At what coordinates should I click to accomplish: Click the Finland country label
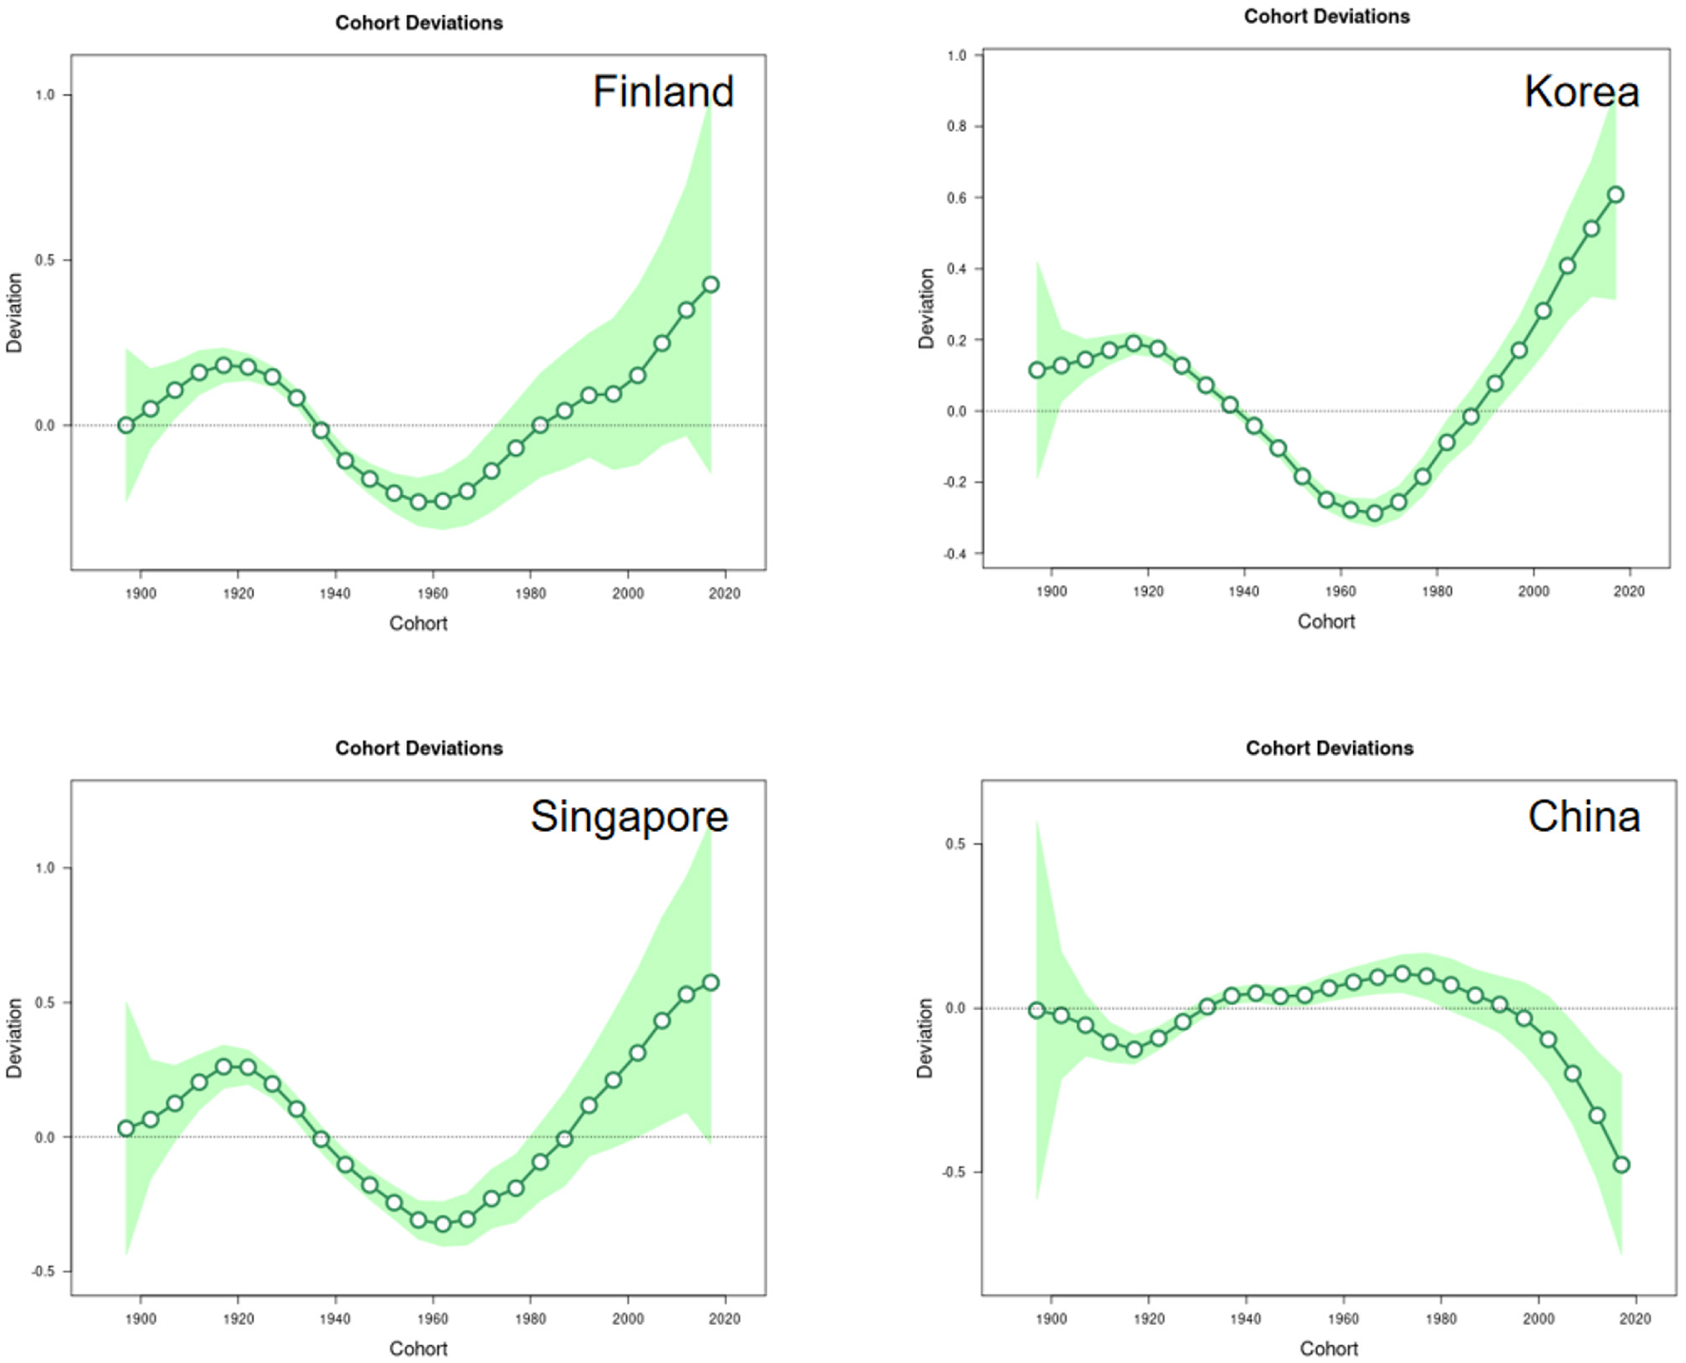[x=663, y=92]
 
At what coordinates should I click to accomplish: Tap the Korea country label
[x=1581, y=92]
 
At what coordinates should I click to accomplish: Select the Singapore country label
[x=629, y=817]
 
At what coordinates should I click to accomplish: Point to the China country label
[x=1584, y=817]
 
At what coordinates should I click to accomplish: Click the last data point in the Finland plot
[x=711, y=285]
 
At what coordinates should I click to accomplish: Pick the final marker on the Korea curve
[x=1616, y=195]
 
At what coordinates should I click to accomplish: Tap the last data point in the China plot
[x=1622, y=1165]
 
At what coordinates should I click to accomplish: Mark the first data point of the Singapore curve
[x=126, y=1129]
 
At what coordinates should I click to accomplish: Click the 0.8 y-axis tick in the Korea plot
[x=956, y=127]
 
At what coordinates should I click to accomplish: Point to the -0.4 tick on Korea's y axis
[x=954, y=554]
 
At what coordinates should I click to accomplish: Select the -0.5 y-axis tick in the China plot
[x=953, y=1173]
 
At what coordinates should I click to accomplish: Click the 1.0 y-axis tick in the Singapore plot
[x=45, y=868]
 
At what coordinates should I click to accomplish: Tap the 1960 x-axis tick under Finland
[x=433, y=594]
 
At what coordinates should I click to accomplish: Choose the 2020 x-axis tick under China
[x=1636, y=1319]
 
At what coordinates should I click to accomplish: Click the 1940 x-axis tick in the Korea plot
[x=1244, y=592]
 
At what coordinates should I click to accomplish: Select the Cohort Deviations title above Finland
[x=419, y=23]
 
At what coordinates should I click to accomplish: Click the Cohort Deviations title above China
[x=1329, y=748]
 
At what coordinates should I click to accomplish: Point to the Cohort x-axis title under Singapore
[x=418, y=1349]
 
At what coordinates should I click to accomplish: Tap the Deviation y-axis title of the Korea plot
[x=926, y=308]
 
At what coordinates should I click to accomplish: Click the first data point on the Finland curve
[x=126, y=425]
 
